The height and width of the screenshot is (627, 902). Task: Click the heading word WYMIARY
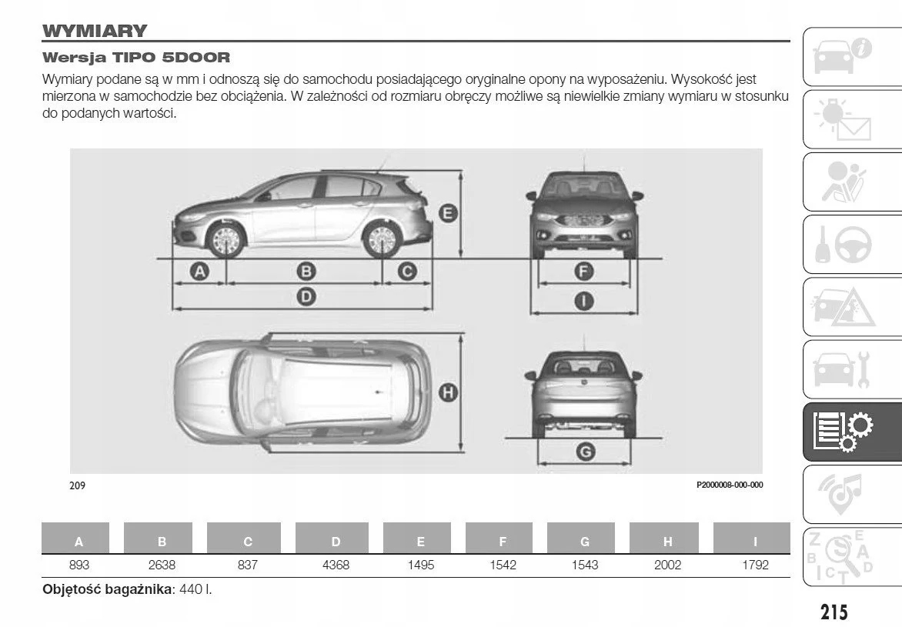tap(95, 32)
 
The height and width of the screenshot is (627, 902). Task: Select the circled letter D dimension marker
tap(306, 296)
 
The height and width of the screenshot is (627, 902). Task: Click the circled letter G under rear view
tap(585, 452)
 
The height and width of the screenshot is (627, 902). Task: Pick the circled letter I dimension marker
tap(585, 301)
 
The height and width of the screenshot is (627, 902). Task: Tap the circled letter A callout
tap(199, 271)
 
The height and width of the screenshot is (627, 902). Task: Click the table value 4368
tap(336, 565)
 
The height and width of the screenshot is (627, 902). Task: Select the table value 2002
tap(667, 565)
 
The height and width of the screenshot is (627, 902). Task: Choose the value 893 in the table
tap(79, 565)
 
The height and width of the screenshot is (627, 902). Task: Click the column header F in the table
tap(503, 542)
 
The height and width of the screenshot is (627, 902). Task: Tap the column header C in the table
tap(248, 542)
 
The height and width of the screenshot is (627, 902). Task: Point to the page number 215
tap(834, 612)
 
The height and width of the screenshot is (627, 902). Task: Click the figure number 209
tap(77, 485)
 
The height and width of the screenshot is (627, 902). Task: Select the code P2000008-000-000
tap(729, 485)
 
